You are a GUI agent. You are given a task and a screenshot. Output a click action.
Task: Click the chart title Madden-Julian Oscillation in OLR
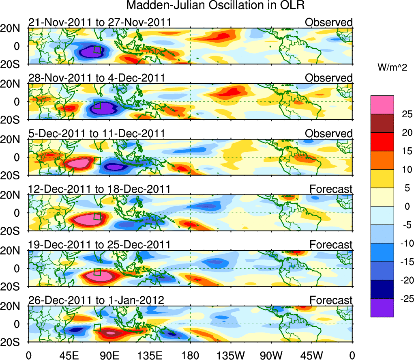point(215,6)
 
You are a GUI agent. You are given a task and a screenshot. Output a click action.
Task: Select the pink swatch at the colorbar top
point(382,105)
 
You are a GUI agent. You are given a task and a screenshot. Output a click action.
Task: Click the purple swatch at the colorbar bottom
point(382,308)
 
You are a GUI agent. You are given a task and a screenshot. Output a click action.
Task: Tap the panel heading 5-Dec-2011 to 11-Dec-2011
point(97,134)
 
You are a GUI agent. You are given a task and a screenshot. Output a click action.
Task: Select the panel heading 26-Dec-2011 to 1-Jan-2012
point(96,300)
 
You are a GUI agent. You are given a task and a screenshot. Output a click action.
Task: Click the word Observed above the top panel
point(329,22)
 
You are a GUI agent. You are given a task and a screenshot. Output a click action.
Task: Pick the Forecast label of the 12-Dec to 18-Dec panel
point(331,189)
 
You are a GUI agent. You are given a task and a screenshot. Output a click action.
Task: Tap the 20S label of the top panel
point(13,64)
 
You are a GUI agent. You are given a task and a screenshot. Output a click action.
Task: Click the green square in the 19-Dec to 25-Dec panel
point(97,272)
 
